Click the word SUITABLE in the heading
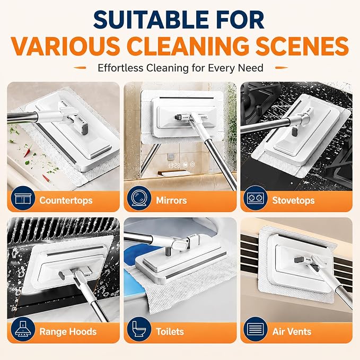coord(151,20)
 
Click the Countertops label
coord(66,200)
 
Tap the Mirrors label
coord(171,200)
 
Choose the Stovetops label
coord(293,200)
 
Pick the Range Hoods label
coord(68,331)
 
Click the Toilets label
coord(170,331)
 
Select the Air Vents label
coord(292,331)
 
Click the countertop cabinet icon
coord(23,198)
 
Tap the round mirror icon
coord(139,198)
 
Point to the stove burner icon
coord(256,198)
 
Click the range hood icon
coord(23,329)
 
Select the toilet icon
coord(139,329)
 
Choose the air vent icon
coord(256,329)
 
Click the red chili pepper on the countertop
coord(28,151)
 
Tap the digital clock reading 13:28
coord(174,165)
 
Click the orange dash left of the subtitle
coord(80,68)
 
